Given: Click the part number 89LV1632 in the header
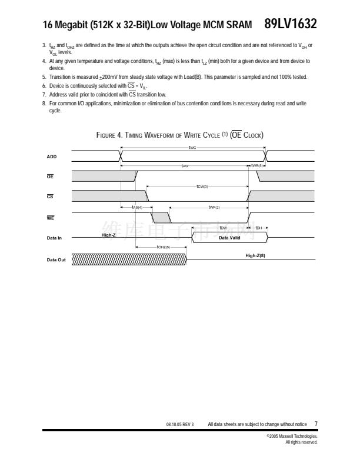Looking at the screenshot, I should pos(291,24).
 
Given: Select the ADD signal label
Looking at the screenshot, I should pos(52,157).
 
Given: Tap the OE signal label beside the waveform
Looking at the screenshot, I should pos(50,176).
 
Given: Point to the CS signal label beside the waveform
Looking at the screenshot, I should pos(50,197).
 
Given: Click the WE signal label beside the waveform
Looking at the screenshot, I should pos(51,218).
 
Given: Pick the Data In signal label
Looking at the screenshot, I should pos(54,238).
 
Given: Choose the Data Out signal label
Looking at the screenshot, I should pos(56,259).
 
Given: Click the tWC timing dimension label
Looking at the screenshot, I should pos(192,147).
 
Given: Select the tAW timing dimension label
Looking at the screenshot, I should pos(185,166).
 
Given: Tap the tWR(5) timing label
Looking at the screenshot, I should pos(259,166).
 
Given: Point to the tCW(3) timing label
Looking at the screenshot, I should pos(202,187).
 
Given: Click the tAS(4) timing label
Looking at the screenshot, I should pos(136,207).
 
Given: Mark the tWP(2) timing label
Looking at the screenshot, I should pos(214,207).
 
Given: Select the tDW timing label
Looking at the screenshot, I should pos(224,228).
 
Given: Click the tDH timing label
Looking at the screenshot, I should pos(259,228).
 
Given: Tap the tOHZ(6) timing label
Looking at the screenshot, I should pos(163,248).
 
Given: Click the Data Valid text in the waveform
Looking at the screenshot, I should pos(230,238).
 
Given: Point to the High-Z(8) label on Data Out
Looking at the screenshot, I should pos(255,256).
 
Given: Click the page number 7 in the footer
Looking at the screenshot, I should pos(316,423).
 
